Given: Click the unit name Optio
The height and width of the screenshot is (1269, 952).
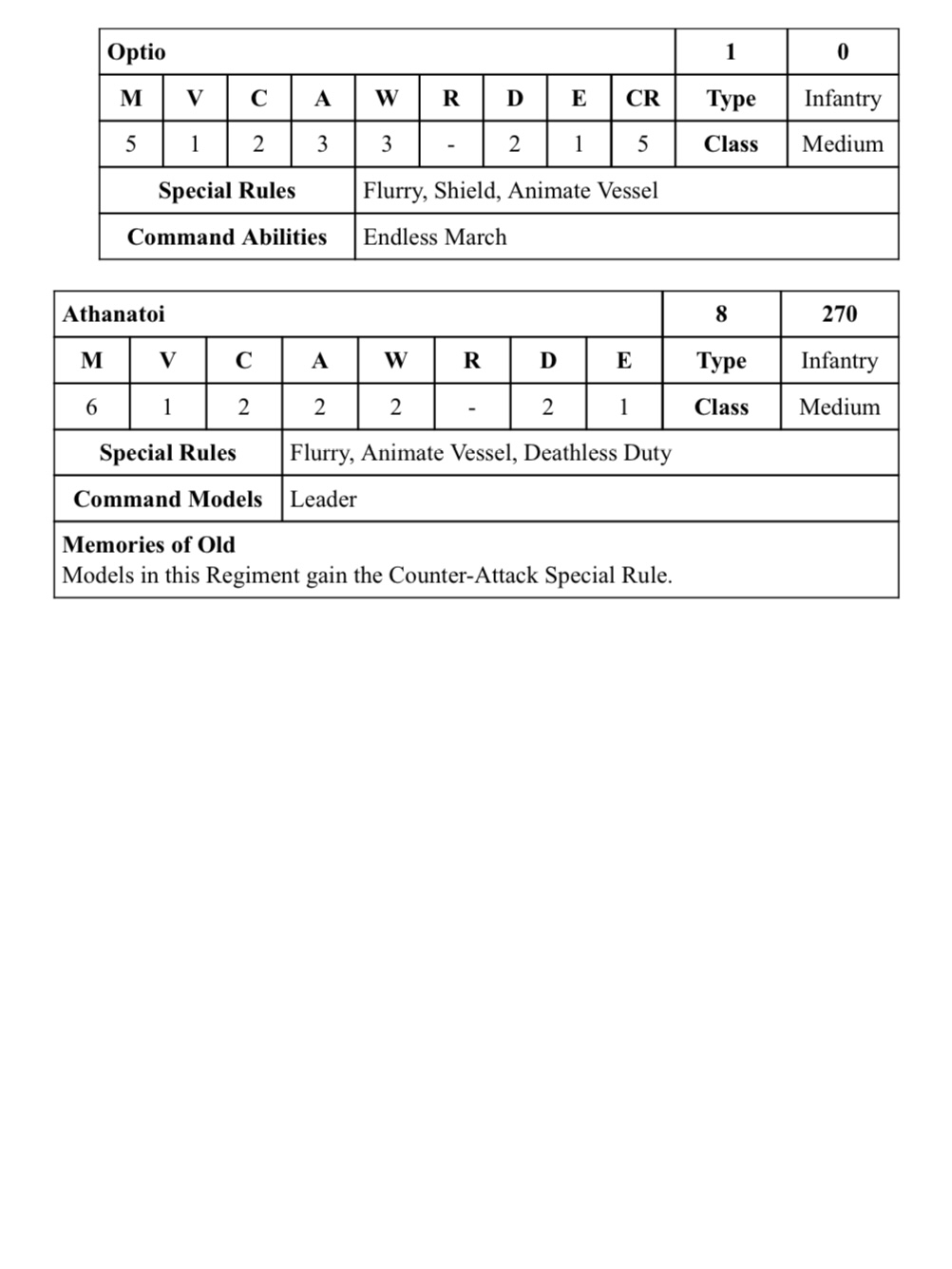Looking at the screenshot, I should (136, 52).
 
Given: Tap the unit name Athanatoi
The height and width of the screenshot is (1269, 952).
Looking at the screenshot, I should (113, 314).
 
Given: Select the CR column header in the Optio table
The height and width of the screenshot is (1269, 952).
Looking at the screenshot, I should (642, 99).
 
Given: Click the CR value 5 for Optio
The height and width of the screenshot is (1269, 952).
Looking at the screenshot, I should (642, 144).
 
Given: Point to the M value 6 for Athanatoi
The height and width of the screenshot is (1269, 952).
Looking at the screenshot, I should (91, 407).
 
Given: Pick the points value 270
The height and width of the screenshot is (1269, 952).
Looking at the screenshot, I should (839, 314).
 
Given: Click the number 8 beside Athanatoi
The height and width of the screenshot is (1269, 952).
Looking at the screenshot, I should (721, 314).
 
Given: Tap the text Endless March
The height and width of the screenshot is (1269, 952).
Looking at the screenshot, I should (434, 237).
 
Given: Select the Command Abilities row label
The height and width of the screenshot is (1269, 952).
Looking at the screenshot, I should (227, 237).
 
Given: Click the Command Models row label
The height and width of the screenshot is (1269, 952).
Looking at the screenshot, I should (167, 500).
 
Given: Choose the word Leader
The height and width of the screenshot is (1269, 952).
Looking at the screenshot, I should (323, 500).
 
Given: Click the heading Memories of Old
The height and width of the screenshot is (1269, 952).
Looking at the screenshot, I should (148, 545).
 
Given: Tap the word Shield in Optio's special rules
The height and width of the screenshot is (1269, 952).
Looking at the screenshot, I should (466, 191).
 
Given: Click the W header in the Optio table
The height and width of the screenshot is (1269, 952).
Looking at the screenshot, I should (387, 99).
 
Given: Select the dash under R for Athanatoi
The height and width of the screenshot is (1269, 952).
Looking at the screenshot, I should (471, 408).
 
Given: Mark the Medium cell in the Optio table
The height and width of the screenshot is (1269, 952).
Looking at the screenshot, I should (842, 144).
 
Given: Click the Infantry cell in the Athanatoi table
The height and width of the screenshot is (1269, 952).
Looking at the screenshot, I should (839, 361).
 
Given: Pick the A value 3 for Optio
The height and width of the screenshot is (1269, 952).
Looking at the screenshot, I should (322, 144).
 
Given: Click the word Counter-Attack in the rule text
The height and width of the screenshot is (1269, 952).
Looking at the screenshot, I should (464, 576).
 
